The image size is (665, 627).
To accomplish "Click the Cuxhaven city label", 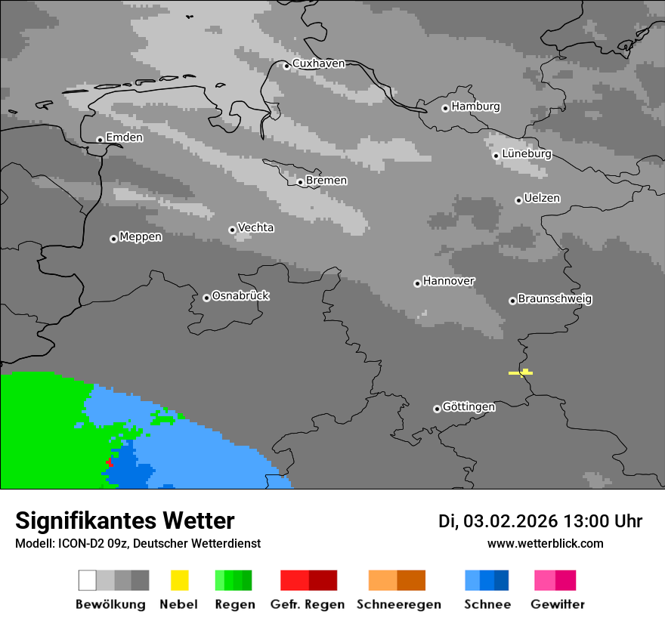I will (x=318, y=63).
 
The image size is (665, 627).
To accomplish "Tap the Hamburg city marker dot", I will (x=445, y=108).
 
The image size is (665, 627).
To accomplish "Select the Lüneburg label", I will (x=527, y=154).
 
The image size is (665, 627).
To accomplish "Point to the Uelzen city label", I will (x=542, y=198).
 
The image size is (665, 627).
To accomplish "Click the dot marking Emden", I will (x=100, y=140).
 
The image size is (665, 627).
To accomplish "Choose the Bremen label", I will (x=326, y=181).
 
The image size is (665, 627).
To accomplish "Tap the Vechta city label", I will (x=255, y=227).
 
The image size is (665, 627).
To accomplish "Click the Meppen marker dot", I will (x=113, y=239).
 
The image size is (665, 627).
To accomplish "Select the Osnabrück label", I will (x=240, y=295).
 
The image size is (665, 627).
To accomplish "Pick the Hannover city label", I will (x=449, y=281).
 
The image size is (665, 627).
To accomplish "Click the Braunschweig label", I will (x=555, y=298).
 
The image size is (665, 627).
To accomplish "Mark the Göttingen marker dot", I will (x=437, y=409).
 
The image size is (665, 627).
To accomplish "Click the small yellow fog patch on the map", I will (x=521, y=372).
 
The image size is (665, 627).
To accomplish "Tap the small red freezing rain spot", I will (x=110, y=461).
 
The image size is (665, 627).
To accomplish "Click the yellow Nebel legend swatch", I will (x=179, y=580).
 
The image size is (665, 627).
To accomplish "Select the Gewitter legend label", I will (x=557, y=604).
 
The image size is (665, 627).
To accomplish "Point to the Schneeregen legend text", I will (x=398, y=604).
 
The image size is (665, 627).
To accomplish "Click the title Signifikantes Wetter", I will (x=125, y=520).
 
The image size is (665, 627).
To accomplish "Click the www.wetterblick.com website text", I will (x=545, y=543).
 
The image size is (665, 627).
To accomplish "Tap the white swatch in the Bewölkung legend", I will (x=88, y=580).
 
